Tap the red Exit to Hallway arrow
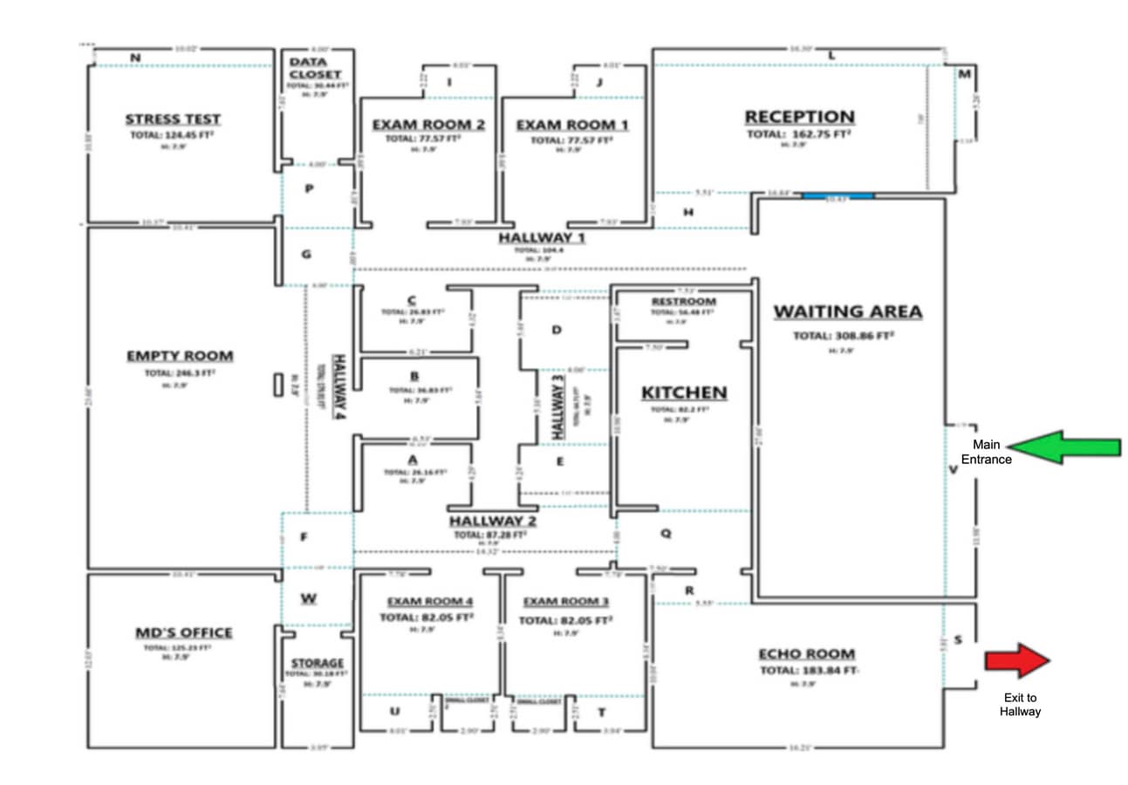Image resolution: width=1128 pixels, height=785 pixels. tap(1018, 660)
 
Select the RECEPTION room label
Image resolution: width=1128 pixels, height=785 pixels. tap(799, 117)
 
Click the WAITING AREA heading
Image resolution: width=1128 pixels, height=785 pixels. tap(847, 311)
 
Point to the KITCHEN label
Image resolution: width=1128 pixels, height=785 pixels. tap(684, 392)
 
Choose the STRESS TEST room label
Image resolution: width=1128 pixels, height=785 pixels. tap(173, 119)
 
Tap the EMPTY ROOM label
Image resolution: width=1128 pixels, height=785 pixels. tap(180, 356)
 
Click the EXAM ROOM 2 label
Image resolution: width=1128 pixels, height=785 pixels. tap(427, 125)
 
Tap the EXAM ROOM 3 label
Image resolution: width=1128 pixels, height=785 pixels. tap(565, 602)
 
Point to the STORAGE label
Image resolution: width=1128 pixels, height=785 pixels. tap(317, 663)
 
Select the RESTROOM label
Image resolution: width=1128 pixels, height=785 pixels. tap(684, 302)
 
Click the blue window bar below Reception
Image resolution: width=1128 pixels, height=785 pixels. tap(837, 196)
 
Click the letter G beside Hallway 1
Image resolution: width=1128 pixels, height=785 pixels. tap(305, 255)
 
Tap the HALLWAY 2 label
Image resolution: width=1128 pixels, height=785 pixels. tap(492, 522)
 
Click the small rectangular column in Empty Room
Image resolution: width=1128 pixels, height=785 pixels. tap(278, 385)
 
